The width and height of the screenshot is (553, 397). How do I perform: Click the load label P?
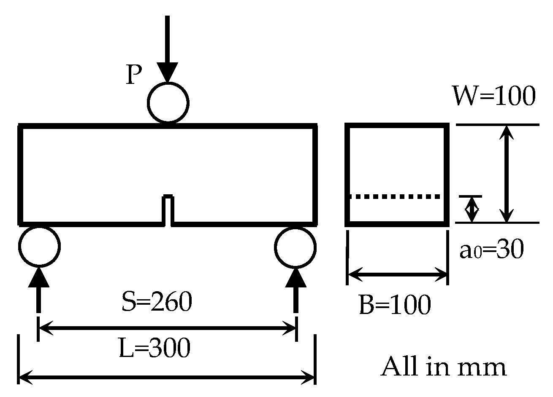tap(134, 75)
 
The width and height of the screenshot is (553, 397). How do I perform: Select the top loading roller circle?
tap(168, 102)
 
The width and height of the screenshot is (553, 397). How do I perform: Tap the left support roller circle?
tap(40, 247)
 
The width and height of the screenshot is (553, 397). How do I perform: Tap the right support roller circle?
tap(295, 247)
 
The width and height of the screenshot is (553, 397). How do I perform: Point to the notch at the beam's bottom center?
tap(168, 209)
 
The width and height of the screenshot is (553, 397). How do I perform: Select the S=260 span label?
tap(157, 302)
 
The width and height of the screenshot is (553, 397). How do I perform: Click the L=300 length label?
tap(155, 348)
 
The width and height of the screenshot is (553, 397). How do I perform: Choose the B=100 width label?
tap(395, 305)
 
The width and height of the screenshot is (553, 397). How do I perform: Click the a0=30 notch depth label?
tap(491, 250)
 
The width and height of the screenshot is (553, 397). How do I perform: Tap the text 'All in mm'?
tap(443, 367)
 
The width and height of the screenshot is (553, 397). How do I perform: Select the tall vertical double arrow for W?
tap(507, 174)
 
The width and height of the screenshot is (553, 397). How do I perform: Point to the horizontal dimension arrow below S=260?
tap(168, 327)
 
